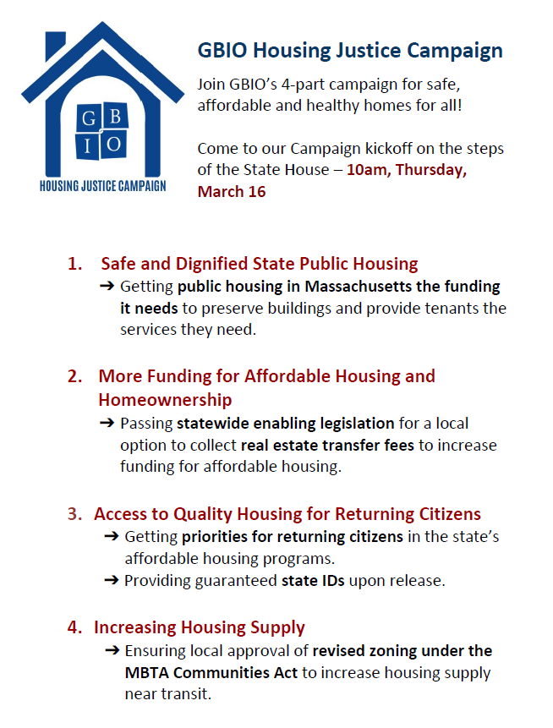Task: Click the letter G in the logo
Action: tap(89, 118)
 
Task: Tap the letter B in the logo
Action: tap(115, 116)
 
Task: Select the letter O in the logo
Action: tap(114, 144)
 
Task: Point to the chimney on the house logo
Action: tap(55, 46)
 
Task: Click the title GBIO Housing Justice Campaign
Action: tap(350, 51)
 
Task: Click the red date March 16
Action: tap(232, 191)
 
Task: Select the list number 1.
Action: tap(74, 264)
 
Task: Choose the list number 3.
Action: tap(74, 514)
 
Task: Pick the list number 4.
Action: tap(74, 627)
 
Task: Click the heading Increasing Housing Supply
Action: tap(200, 627)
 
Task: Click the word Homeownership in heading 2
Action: tap(165, 400)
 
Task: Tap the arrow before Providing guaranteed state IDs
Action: tap(112, 580)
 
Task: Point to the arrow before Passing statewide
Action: tap(107, 423)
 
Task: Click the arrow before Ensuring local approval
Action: tap(112, 650)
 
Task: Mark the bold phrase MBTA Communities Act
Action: tap(211, 673)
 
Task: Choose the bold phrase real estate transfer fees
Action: tap(327, 446)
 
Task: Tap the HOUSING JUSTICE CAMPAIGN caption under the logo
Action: tap(102, 186)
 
